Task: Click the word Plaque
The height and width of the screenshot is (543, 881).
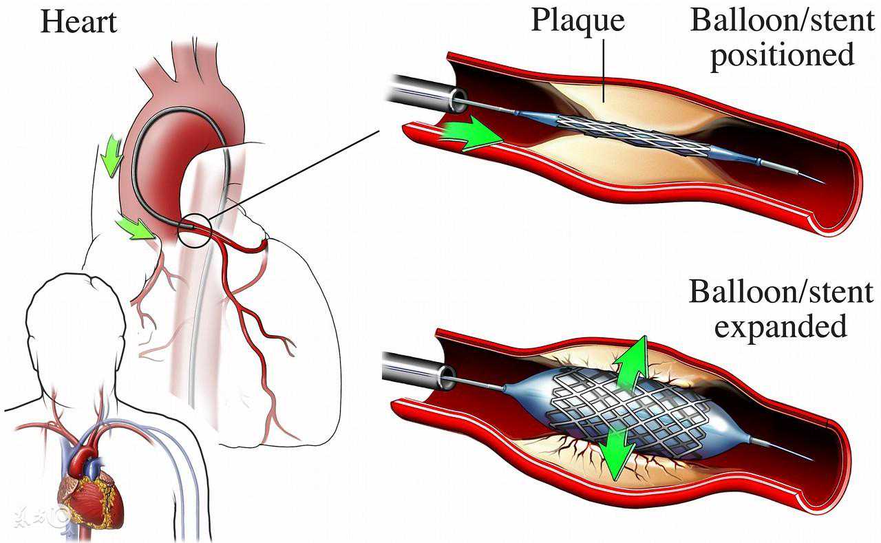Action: click(x=577, y=21)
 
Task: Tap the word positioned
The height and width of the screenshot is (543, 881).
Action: click(x=783, y=56)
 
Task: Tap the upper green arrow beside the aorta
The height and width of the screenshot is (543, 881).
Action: click(x=112, y=156)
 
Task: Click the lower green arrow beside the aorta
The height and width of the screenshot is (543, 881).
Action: click(x=136, y=229)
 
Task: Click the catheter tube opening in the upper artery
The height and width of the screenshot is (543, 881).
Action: click(x=458, y=98)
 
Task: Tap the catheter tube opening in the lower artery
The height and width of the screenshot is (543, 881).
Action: click(x=448, y=376)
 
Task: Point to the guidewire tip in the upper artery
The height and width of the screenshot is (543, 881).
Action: click(x=822, y=182)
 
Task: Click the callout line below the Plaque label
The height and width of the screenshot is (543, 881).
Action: click(x=604, y=71)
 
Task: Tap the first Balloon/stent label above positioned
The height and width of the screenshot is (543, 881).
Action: click(x=783, y=21)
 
